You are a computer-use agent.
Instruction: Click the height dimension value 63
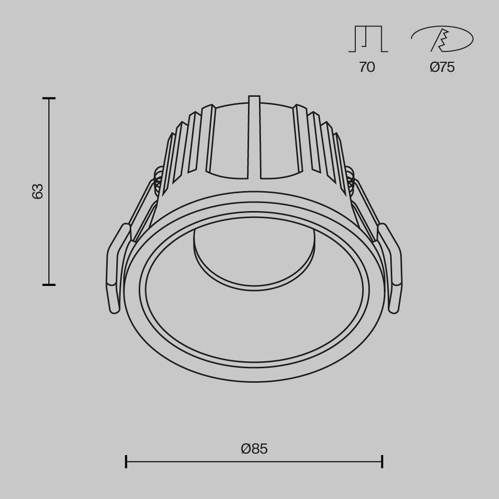click(38, 191)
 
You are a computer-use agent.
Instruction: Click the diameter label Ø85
click(254, 449)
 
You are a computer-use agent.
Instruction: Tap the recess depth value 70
click(367, 67)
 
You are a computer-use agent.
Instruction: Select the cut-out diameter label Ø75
click(442, 67)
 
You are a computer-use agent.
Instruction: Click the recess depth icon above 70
click(368, 39)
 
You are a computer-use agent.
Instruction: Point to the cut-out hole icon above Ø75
click(442, 39)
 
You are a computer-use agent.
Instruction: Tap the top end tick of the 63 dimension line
click(49, 99)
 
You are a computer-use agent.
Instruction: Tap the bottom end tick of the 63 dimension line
click(49, 285)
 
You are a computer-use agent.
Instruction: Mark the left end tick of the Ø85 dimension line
click(126, 462)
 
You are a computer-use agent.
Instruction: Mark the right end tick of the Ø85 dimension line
click(382, 462)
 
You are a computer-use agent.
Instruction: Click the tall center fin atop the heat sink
click(254, 137)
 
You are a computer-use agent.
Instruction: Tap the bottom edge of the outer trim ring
click(254, 381)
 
